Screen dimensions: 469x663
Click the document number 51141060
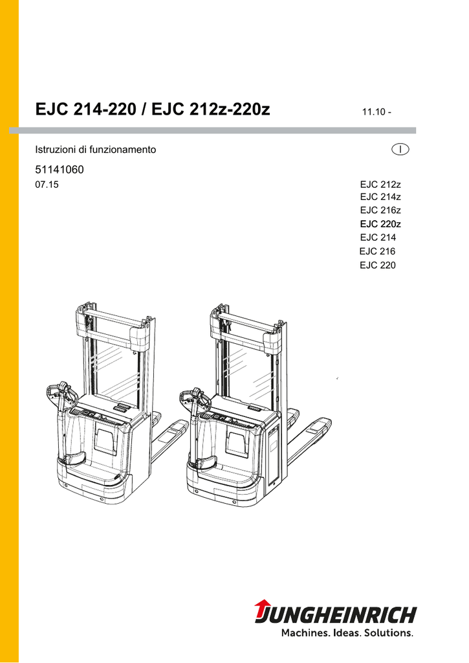pos(60,170)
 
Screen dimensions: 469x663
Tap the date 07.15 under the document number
pos(47,185)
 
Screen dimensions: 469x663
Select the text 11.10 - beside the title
pos(376,112)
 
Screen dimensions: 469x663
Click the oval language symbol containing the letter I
pos(400,150)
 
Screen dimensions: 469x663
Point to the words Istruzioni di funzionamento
pos(96,150)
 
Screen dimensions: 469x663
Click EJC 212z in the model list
pos(380,185)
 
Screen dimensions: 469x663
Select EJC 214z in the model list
pos(380,197)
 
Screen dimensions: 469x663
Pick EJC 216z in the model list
pos(380,210)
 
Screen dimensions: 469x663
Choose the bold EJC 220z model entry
pos(380,223)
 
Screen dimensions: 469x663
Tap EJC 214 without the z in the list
pos(378,237)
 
